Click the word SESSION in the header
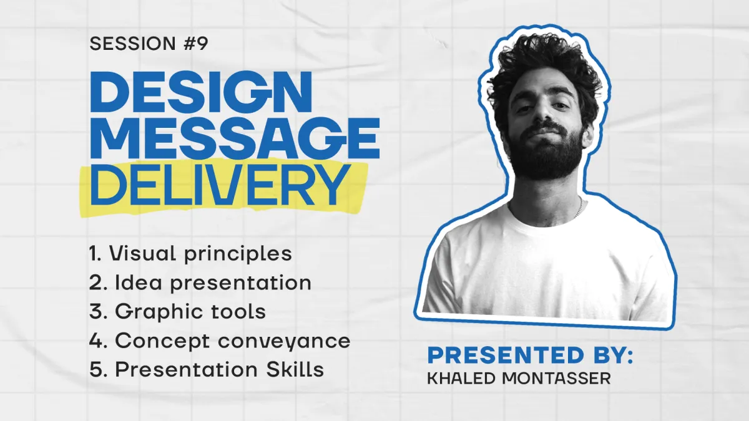(x=132, y=44)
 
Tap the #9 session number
(x=195, y=44)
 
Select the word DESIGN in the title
(x=201, y=92)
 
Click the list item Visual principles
(x=190, y=254)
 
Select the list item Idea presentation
(x=200, y=283)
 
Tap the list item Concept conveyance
(x=220, y=341)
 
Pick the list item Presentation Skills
(x=207, y=369)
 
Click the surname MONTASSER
(x=556, y=379)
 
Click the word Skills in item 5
(x=295, y=369)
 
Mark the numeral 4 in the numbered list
(x=95, y=341)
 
